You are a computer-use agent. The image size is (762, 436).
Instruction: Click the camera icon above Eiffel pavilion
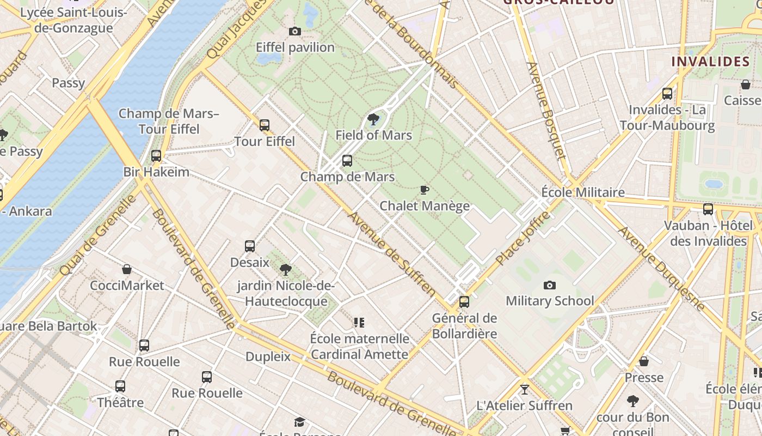tap(294, 32)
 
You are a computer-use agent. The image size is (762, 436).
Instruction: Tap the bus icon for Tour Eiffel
tap(265, 125)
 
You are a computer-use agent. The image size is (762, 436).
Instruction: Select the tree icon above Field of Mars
tap(373, 119)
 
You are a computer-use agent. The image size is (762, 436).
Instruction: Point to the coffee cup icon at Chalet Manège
tap(425, 190)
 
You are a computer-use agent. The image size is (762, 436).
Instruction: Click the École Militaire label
tap(583, 192)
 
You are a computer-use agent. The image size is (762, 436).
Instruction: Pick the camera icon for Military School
tap(550, 285)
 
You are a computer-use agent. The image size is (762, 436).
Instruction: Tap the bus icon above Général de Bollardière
tap(464, 302)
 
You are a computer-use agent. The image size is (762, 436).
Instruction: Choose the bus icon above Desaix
tap(250, 246)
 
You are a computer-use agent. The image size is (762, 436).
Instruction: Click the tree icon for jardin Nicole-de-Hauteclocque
tap(285, 269)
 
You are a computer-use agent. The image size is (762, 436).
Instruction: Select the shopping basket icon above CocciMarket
tap(127, 269)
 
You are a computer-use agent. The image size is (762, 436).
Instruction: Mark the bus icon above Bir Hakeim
tap(156, 156)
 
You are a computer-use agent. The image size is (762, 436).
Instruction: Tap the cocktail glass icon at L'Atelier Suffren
tap(524, 390)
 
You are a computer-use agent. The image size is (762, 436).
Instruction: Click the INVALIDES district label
tap(710, 61)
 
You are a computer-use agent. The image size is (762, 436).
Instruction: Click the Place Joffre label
tap(523, 239)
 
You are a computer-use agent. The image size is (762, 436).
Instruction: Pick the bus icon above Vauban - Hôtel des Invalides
tap(708, 209)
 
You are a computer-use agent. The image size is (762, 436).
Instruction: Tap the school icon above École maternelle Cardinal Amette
tap(359, 323)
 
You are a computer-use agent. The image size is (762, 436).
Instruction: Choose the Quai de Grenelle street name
tap(98, 235)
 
